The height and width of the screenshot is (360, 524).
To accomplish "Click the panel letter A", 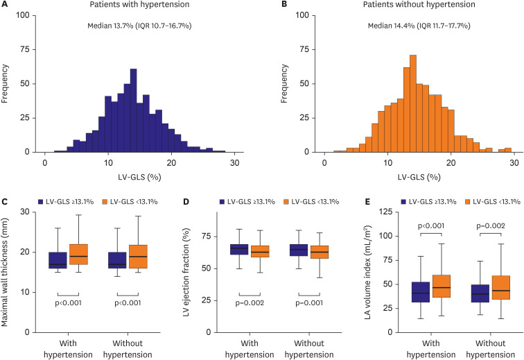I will click(x=5, y=5).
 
